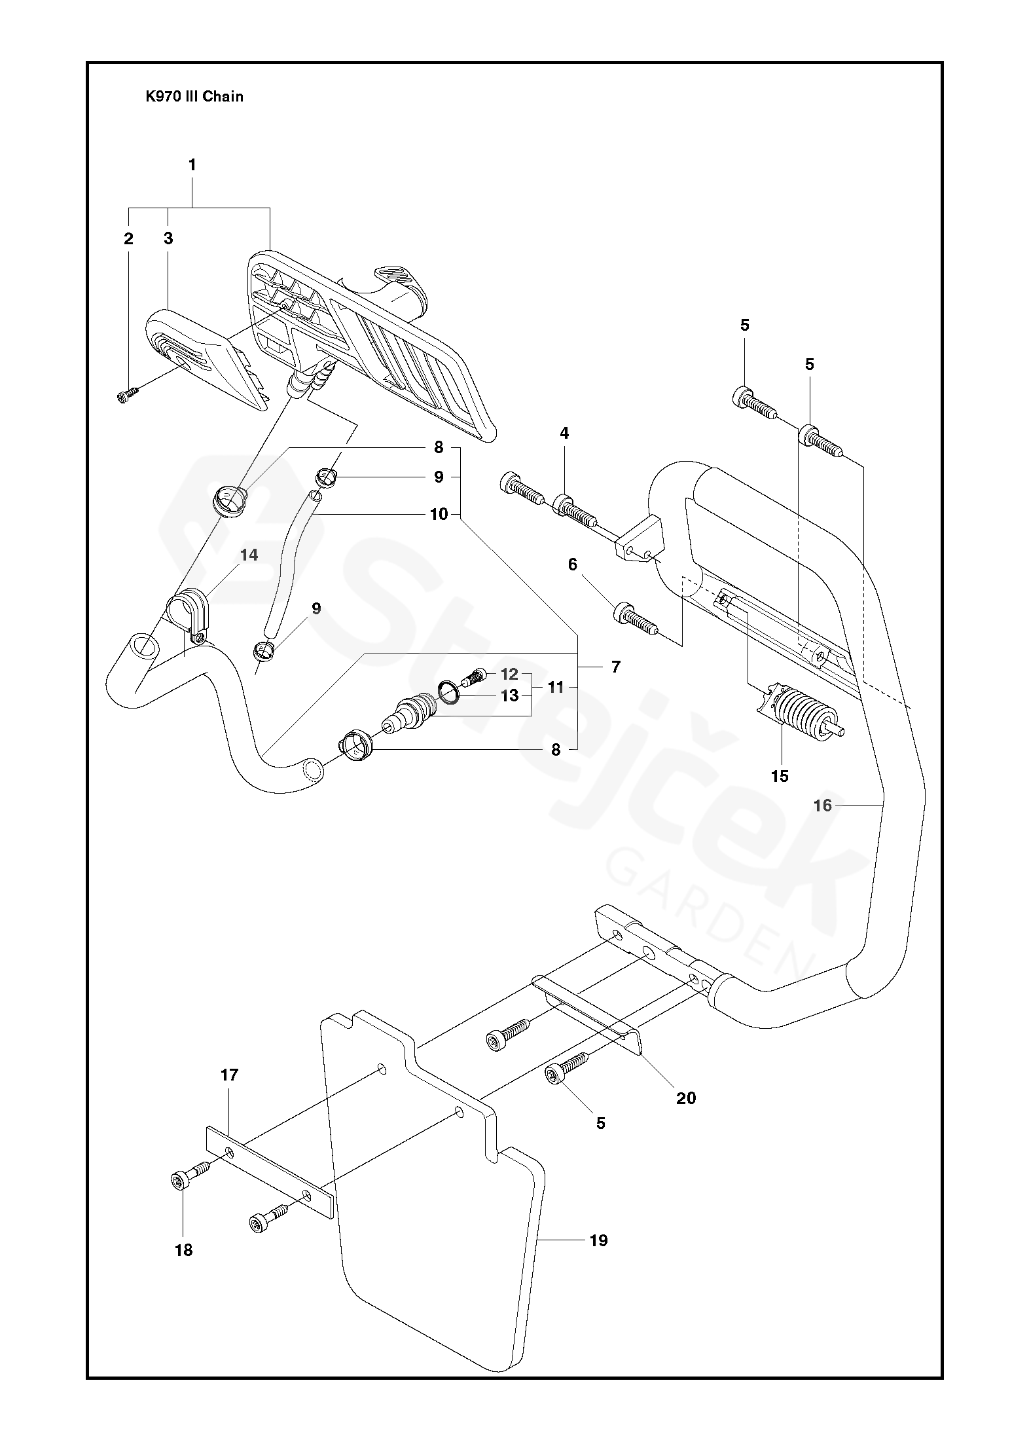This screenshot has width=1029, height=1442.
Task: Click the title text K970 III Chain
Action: [x=194, y=97]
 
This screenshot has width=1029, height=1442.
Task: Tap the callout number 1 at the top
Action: [x=192, y=166]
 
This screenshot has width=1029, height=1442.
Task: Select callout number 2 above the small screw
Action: [x=128, y=239]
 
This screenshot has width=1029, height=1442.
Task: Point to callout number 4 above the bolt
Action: [x=564, y=433]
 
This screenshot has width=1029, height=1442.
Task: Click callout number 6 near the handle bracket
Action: [x=573, y=564]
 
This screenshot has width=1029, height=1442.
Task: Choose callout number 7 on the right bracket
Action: [x=615, y=667]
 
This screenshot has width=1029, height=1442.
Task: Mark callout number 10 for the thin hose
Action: [x=439, y=515]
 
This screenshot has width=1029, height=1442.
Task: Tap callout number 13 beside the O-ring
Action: [x=509, y=695]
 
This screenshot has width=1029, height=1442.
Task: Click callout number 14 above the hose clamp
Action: [x=249, y=555]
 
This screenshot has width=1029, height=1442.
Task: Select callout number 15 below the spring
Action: [x=780, y=776]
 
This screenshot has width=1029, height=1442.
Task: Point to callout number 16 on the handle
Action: [x=822, y=805]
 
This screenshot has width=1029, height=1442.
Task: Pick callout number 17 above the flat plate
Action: [x=229, y=1075]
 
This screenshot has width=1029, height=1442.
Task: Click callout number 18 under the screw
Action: [x=184, y=1250]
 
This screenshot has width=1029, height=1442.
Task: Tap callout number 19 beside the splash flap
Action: [x=598, y=1240]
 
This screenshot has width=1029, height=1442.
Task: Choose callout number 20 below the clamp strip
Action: [x=686, y=1098]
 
